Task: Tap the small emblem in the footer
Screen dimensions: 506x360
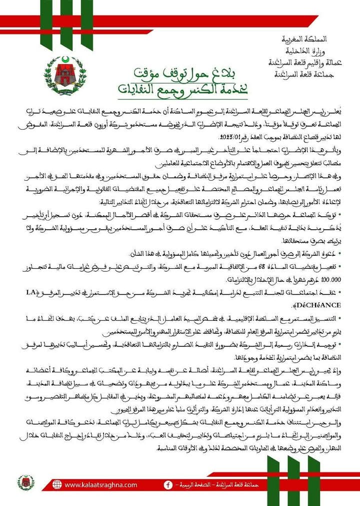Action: [x=25, y=482]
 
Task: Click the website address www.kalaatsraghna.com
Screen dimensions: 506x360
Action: [x=100, y=484]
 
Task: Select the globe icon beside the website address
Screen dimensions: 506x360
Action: [x=57, y=484]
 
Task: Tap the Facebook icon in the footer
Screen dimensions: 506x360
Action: [x=168, y=484]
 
